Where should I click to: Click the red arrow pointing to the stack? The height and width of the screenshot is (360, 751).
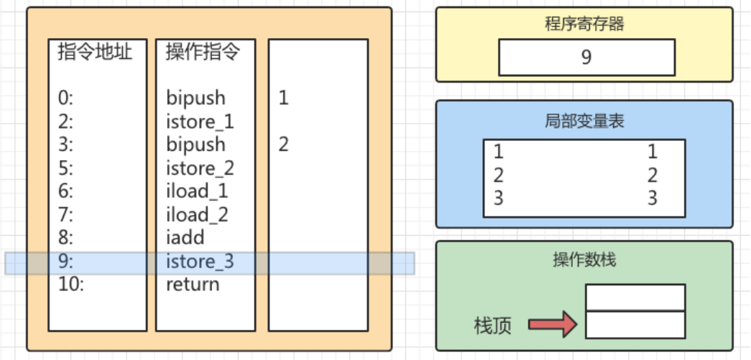click(x=553, y=325)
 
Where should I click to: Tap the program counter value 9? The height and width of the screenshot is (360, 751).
click(x=586, y=57)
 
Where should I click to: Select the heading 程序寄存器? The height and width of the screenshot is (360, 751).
click(x=584, y=23)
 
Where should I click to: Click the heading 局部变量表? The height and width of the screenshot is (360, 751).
click(x=584, y=120)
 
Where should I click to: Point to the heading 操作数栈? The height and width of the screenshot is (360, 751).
click(x=584, y=259)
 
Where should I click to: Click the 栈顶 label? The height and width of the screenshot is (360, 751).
click(x=493, y=326)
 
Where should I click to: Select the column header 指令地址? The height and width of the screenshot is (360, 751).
click(x=95, y=52)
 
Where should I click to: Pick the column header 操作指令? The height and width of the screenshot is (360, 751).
click(x=202, y=52)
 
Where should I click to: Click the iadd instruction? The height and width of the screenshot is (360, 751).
click(x=185, y=238)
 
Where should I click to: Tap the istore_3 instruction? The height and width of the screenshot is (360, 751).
click(x=200, y=262)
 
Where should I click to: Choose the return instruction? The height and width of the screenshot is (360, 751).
click(x=193, y=285)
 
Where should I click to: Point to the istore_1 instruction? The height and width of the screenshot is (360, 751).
click(x=200, y=121)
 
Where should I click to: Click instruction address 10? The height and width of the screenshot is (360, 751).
click(x=71, y=285)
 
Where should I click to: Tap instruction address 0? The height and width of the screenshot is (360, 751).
click(x=65, y=98)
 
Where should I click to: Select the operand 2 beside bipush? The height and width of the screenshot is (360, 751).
click(x=283, y=144)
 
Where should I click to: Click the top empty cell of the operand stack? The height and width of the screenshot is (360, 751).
click(x=635, y=297)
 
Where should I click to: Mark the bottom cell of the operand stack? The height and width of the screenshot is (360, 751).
click(x=635, y=325)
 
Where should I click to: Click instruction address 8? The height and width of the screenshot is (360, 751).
click(x=65, y=238)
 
